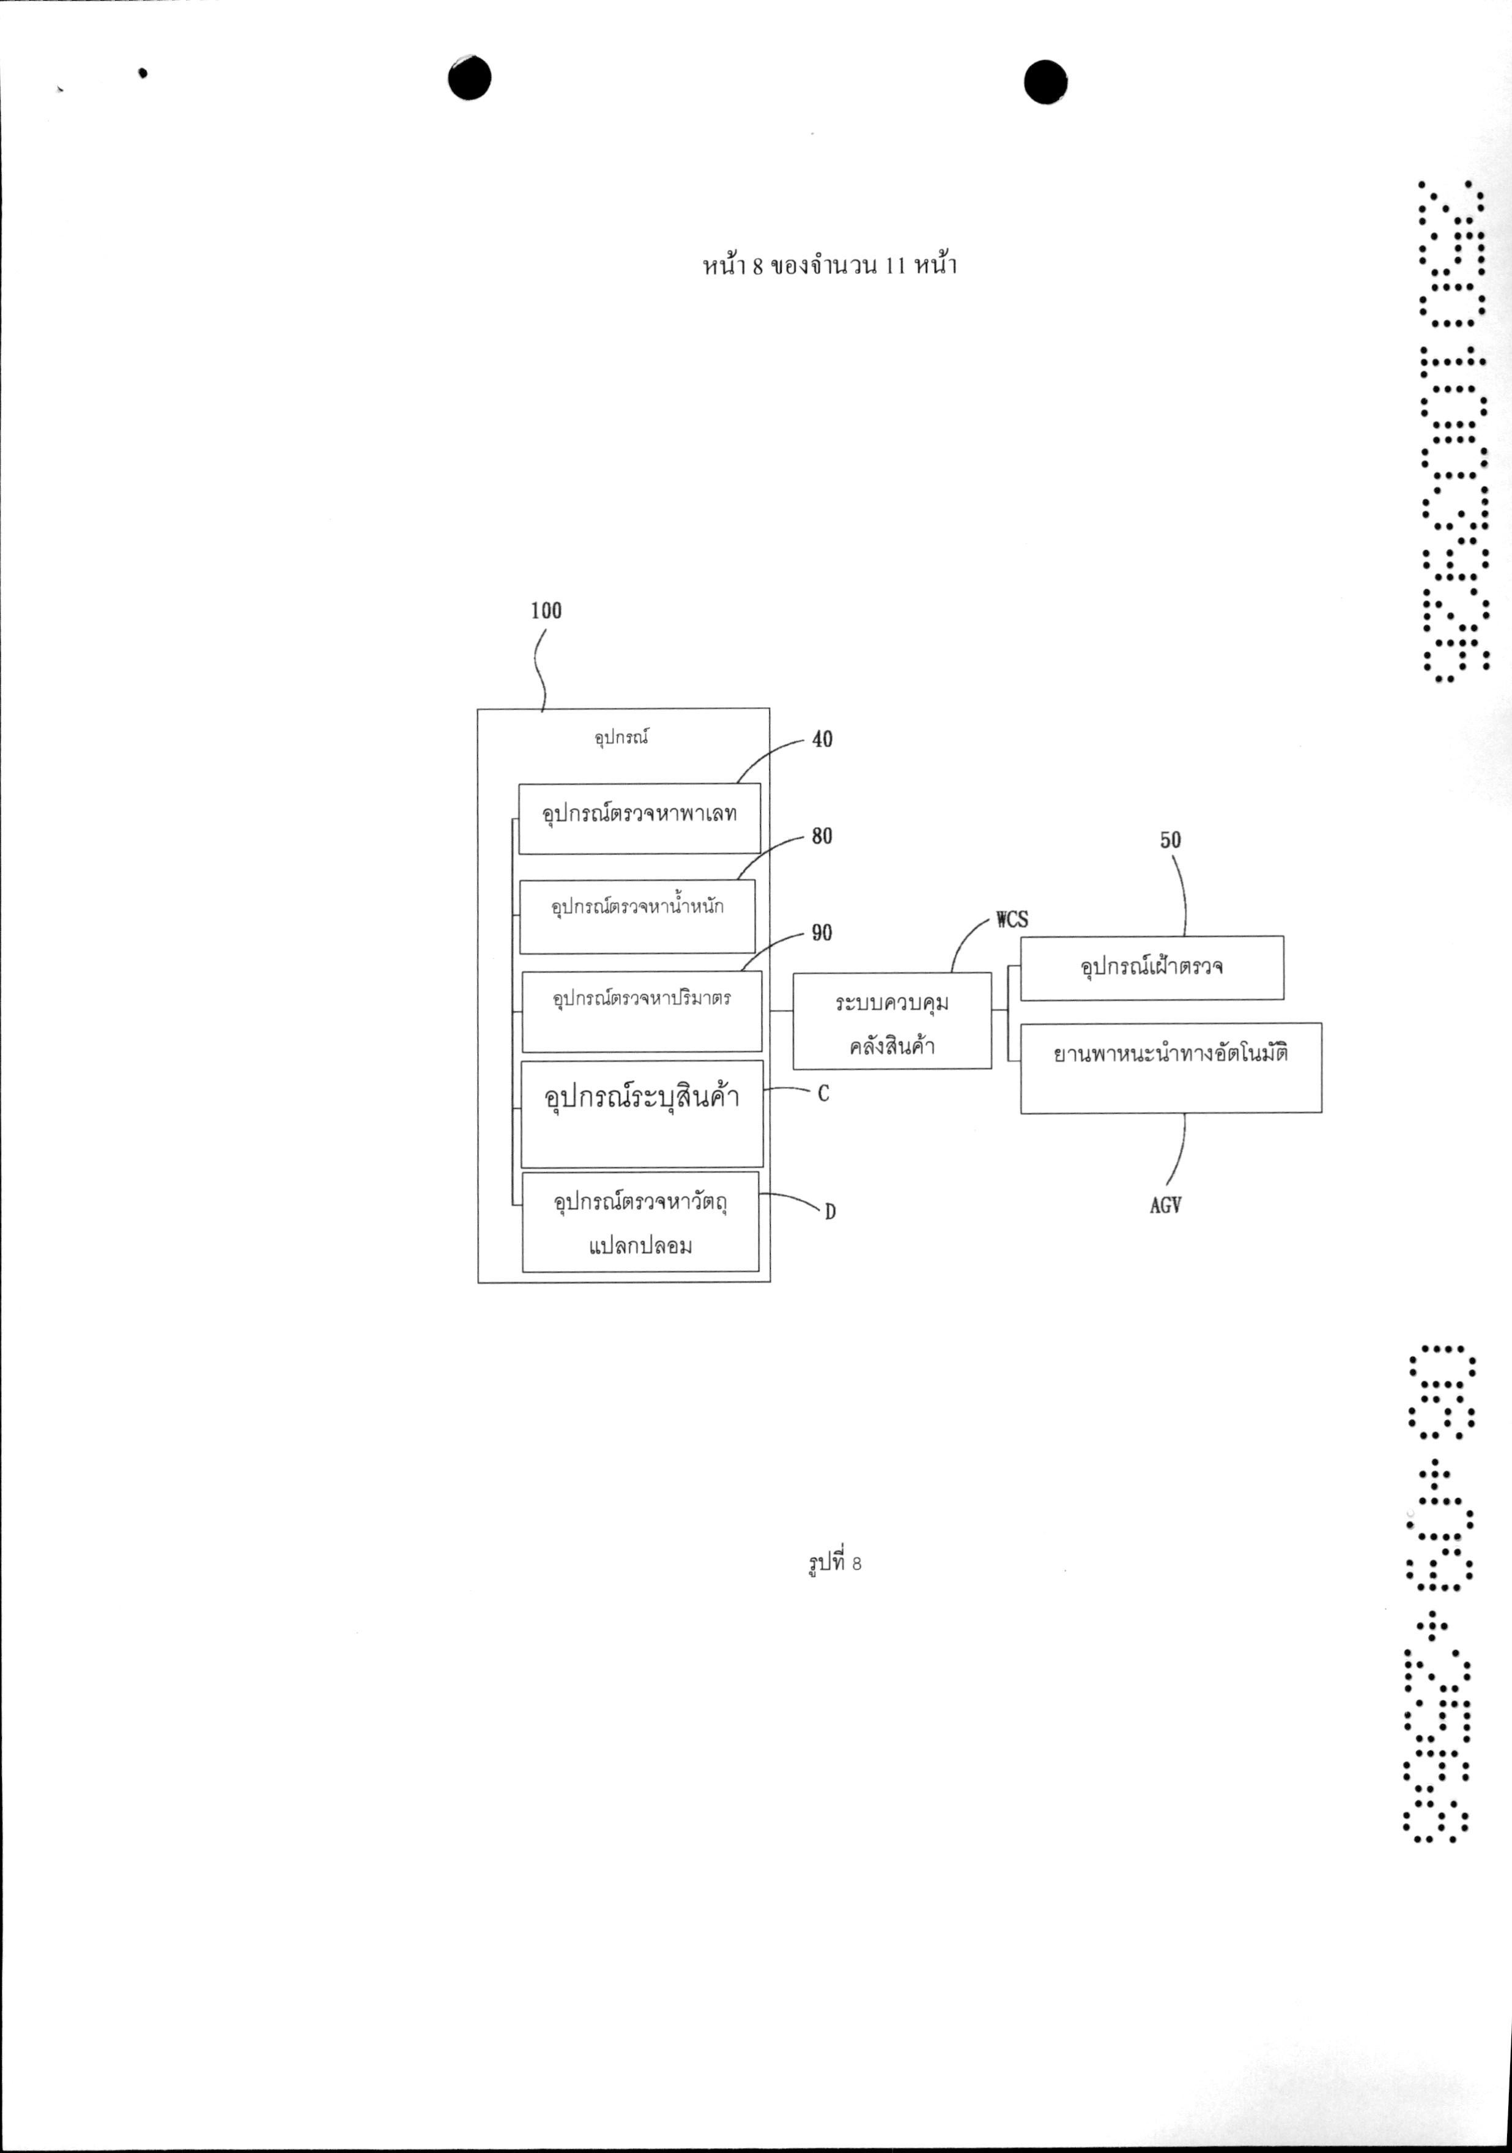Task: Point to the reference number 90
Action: point(821,932)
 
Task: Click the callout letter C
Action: point(823,1094)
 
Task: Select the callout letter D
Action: point(830,1212)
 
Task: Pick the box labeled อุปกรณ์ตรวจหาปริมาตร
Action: point(642,1011)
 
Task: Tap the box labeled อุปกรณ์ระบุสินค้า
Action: point(642,1113)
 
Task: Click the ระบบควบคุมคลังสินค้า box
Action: point(892,1020)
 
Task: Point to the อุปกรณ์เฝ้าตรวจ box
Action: point(1152,967)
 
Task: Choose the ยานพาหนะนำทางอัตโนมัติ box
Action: point(1171,1067)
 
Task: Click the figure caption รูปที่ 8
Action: point(834,1562)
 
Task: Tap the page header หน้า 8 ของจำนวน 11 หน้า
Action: point(829,266)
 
